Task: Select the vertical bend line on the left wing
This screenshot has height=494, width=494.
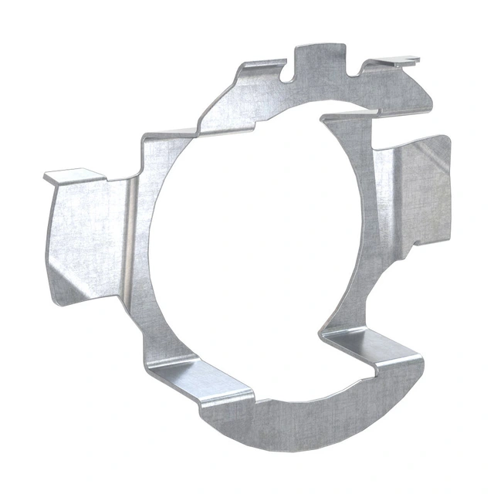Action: [131, 232]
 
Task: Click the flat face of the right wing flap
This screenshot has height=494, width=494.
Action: [421, 193]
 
